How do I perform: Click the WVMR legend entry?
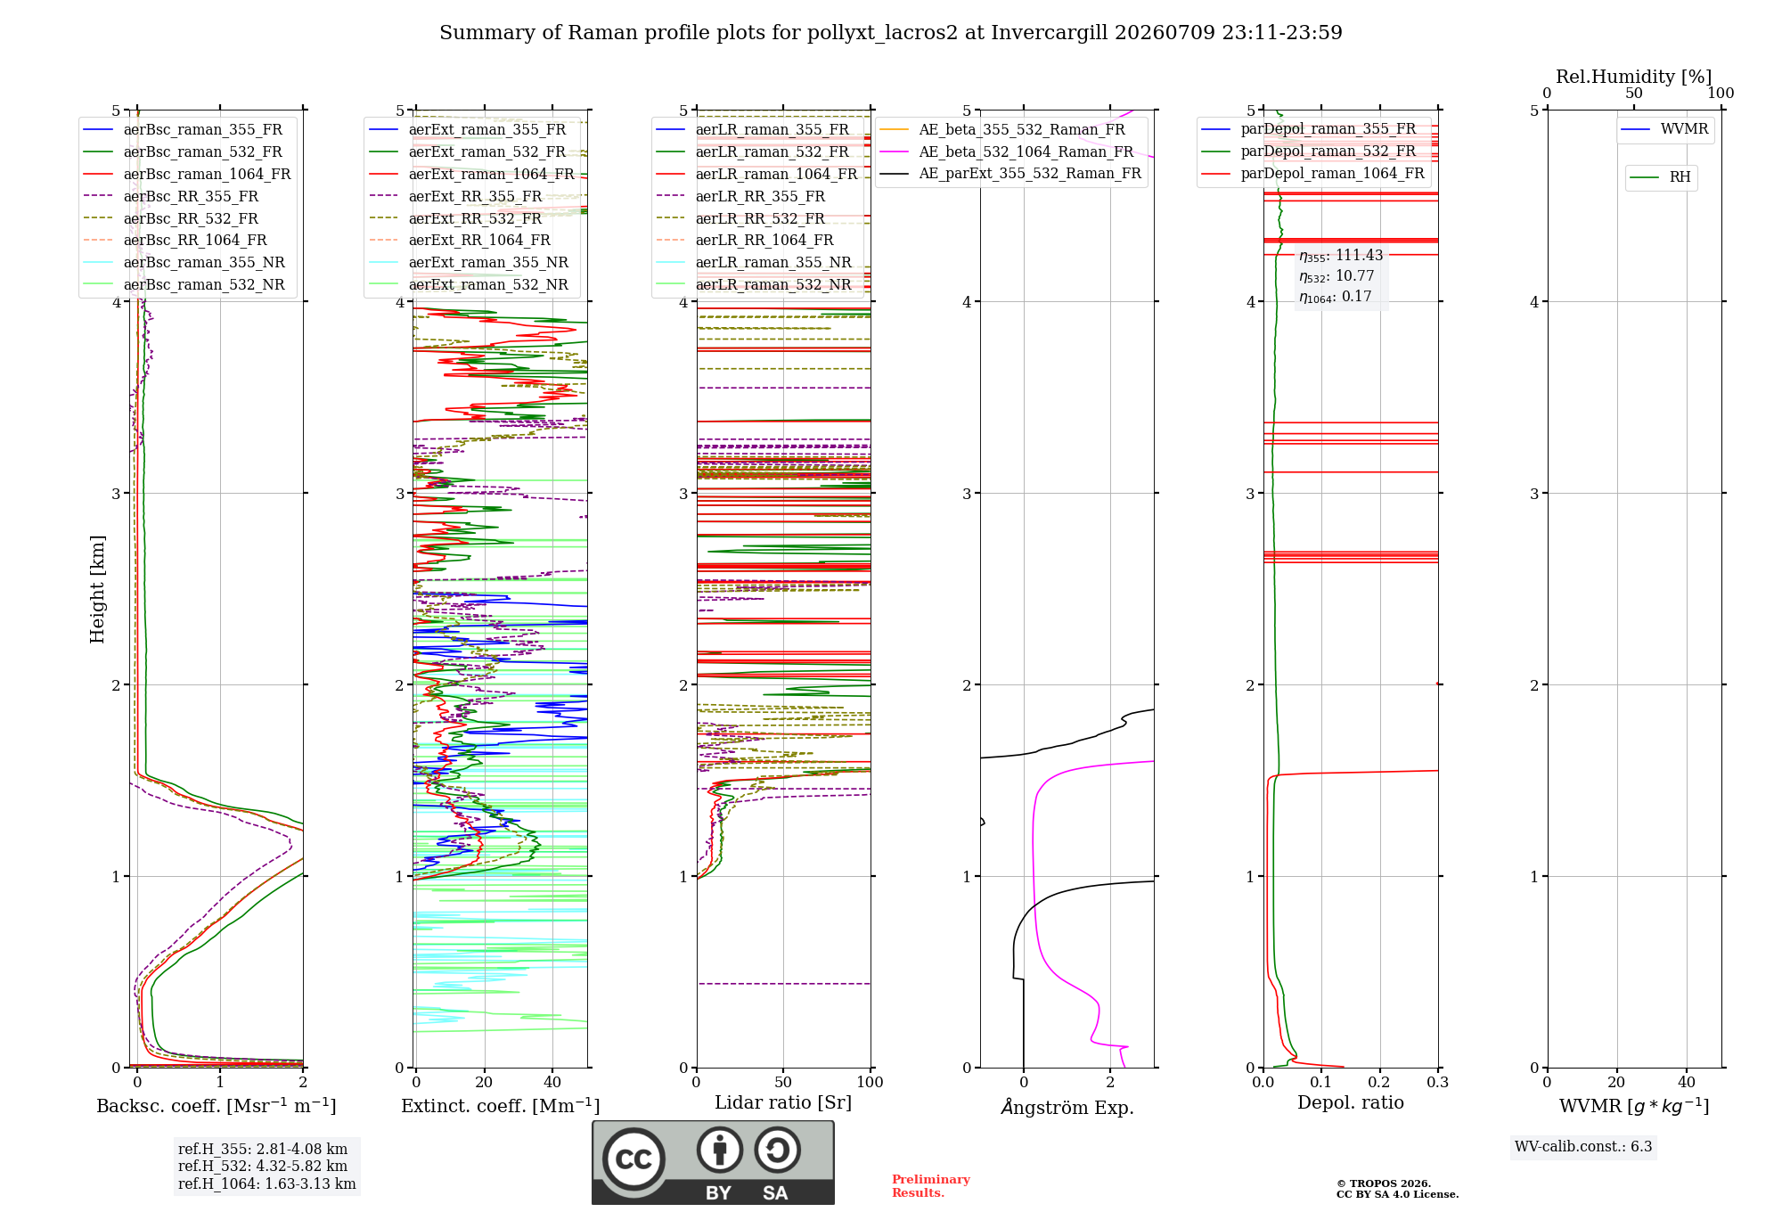(x=1664, y=129)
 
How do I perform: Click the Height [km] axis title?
(x=97, y=589)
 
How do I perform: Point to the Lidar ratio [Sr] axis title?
(x=783, y=1103)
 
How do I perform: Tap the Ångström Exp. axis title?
(x=1067, y=1107)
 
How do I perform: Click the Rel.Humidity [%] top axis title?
(x=1633, y=77)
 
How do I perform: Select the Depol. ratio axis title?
(x=1351, y=1103)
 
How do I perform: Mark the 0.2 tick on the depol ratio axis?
(x=1379, y=1083)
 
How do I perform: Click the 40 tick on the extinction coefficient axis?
(x=552, y=1083)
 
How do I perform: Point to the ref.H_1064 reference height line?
(x=266, y=1184)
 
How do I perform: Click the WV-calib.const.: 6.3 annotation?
(x=1583, y=1147)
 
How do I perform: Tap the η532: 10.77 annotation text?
(x=1336, y=276)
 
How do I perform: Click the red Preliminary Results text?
(x=931, y=1186)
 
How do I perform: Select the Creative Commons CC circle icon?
(x=634, y=1159)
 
